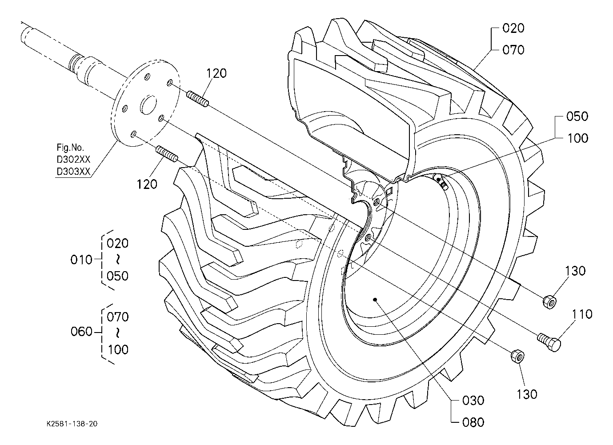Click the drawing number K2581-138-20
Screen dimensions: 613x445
click(x=72, y=424)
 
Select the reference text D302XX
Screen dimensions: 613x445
click(x=73, y=159)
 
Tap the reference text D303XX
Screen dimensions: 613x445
click(x=73, y=171)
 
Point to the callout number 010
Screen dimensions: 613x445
click(x=81, y=260)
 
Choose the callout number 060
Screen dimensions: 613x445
click(x=81, y=332)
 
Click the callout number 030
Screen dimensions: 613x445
click(x=473, y=401)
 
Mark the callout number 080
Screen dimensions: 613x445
click(x=473, y=422)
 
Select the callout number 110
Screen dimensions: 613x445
click(x=581, y=314)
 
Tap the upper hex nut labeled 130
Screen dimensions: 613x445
click(x=549, y=302)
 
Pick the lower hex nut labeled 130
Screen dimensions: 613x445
click(x=518, y=357)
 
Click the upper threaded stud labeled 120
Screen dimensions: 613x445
click(x=197, y=99)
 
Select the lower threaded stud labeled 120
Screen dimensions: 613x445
click(x=167, y=154)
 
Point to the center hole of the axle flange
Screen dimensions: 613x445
click(x=148, y=104)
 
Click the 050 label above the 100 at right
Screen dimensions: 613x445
click(x=577, y=116)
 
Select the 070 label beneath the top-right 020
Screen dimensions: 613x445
click(x=513, y=50)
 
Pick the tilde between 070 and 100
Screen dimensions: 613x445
click(x=118, y=333)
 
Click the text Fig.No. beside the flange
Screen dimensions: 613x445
click(x=70, y=148)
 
